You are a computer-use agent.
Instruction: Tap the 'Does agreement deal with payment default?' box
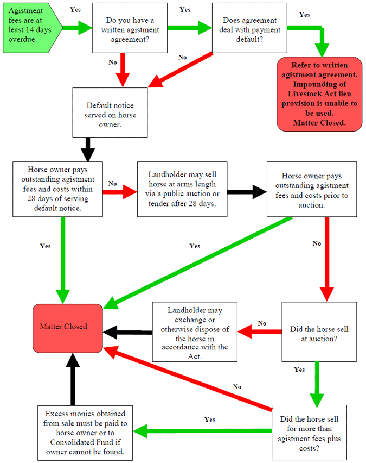[249, 28]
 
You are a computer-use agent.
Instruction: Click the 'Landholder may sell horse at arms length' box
[183, 189]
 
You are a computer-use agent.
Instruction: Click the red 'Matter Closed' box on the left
[68, 328]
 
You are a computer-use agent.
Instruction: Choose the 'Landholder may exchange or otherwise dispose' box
[195, 331]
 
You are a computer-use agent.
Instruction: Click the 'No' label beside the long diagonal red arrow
[237, 387]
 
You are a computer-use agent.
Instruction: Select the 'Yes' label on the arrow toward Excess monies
[210, 420]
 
